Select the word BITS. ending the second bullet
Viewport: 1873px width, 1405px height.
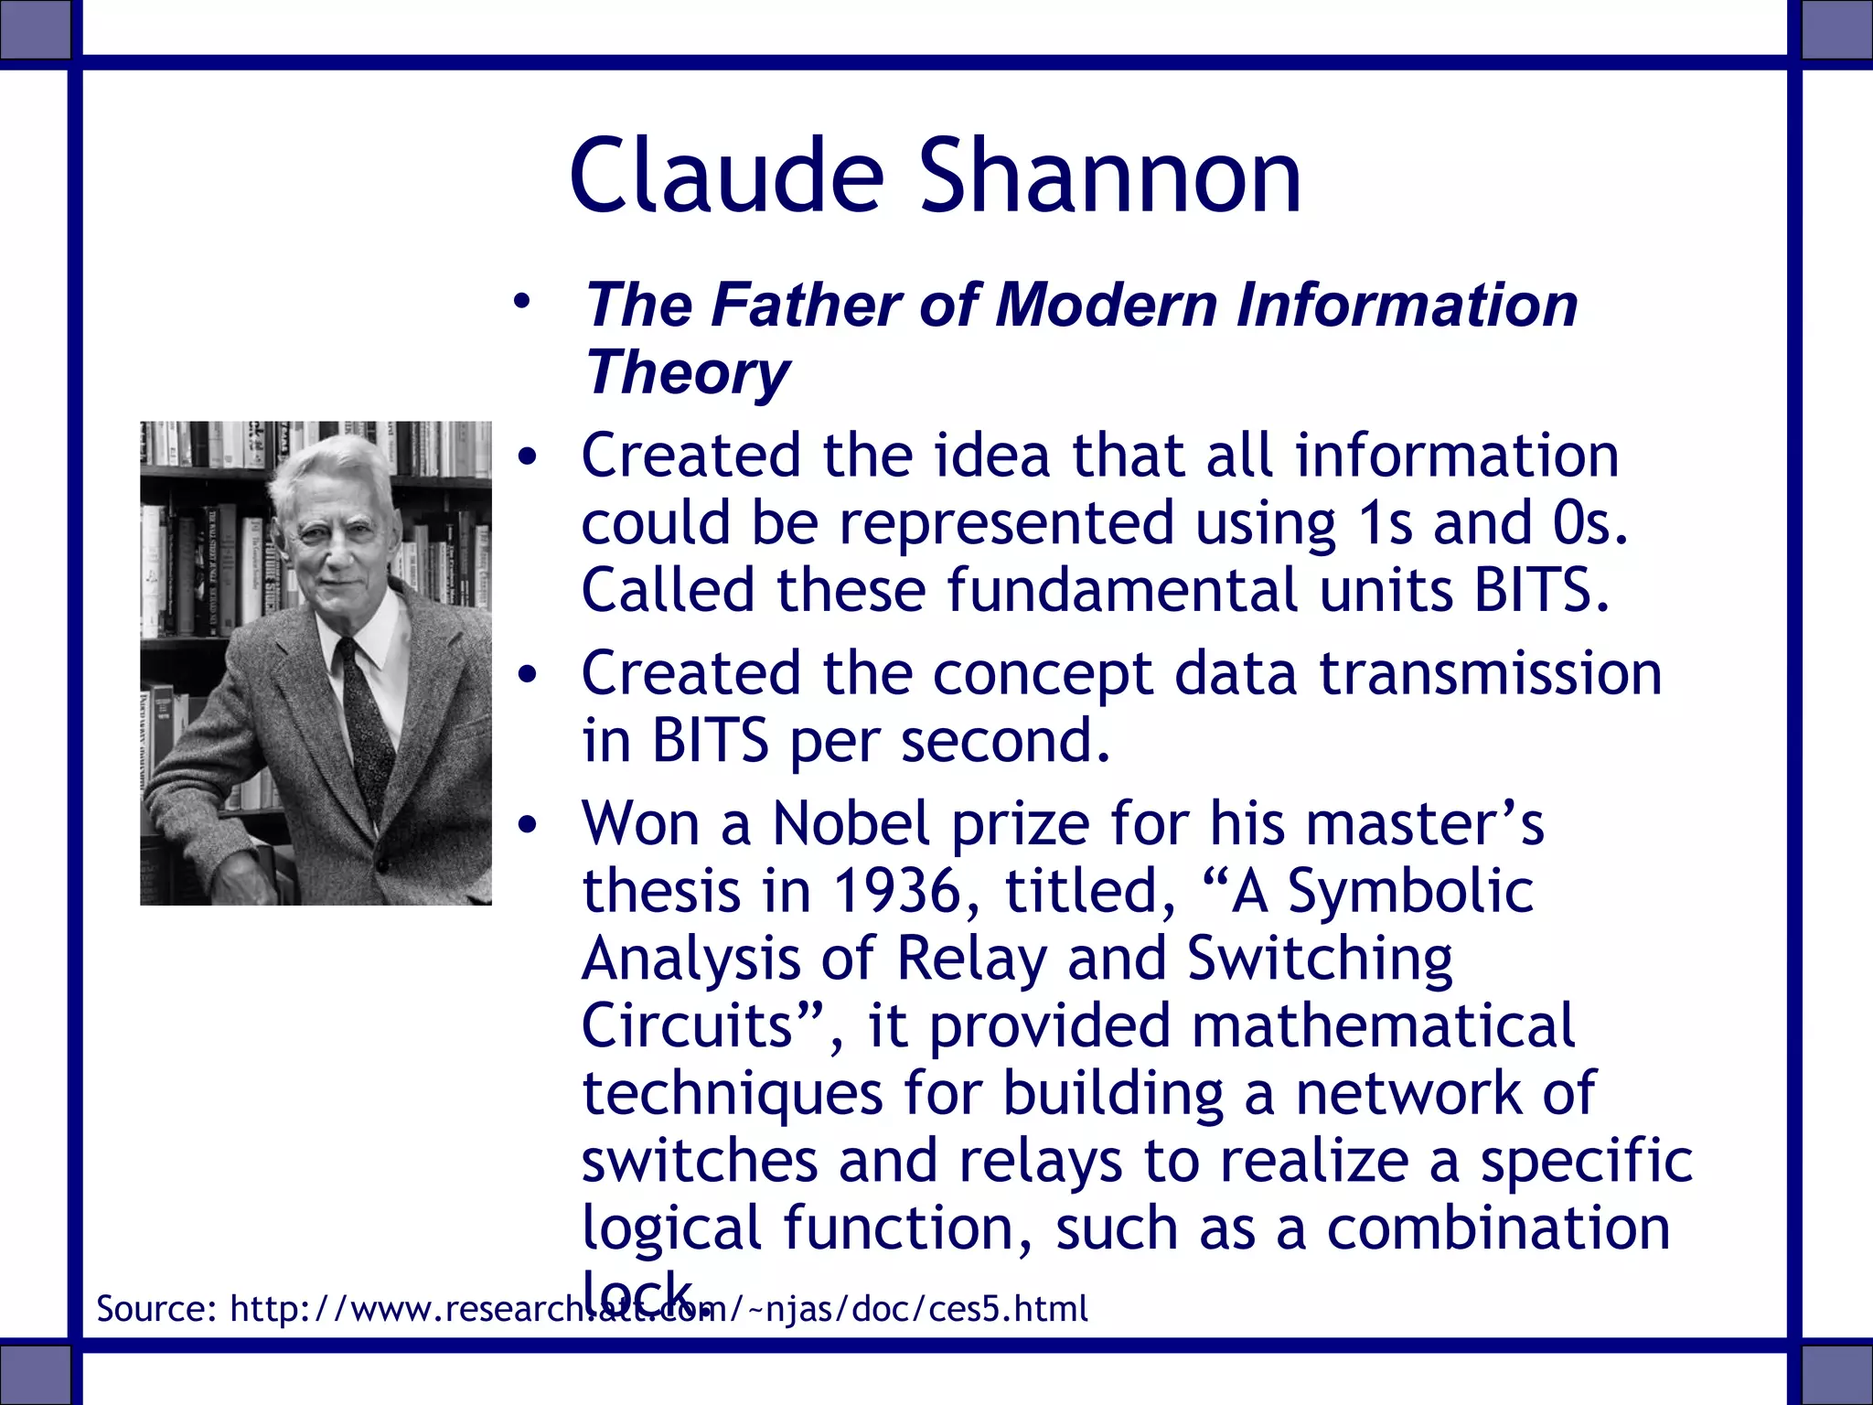(1541, 590)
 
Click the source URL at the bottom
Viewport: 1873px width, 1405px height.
(658, 1309)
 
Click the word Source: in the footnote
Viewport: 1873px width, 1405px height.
(156, 1309)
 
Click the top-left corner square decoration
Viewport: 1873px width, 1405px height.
(35, 27)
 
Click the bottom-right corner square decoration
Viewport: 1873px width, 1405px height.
(1836, 1376)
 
